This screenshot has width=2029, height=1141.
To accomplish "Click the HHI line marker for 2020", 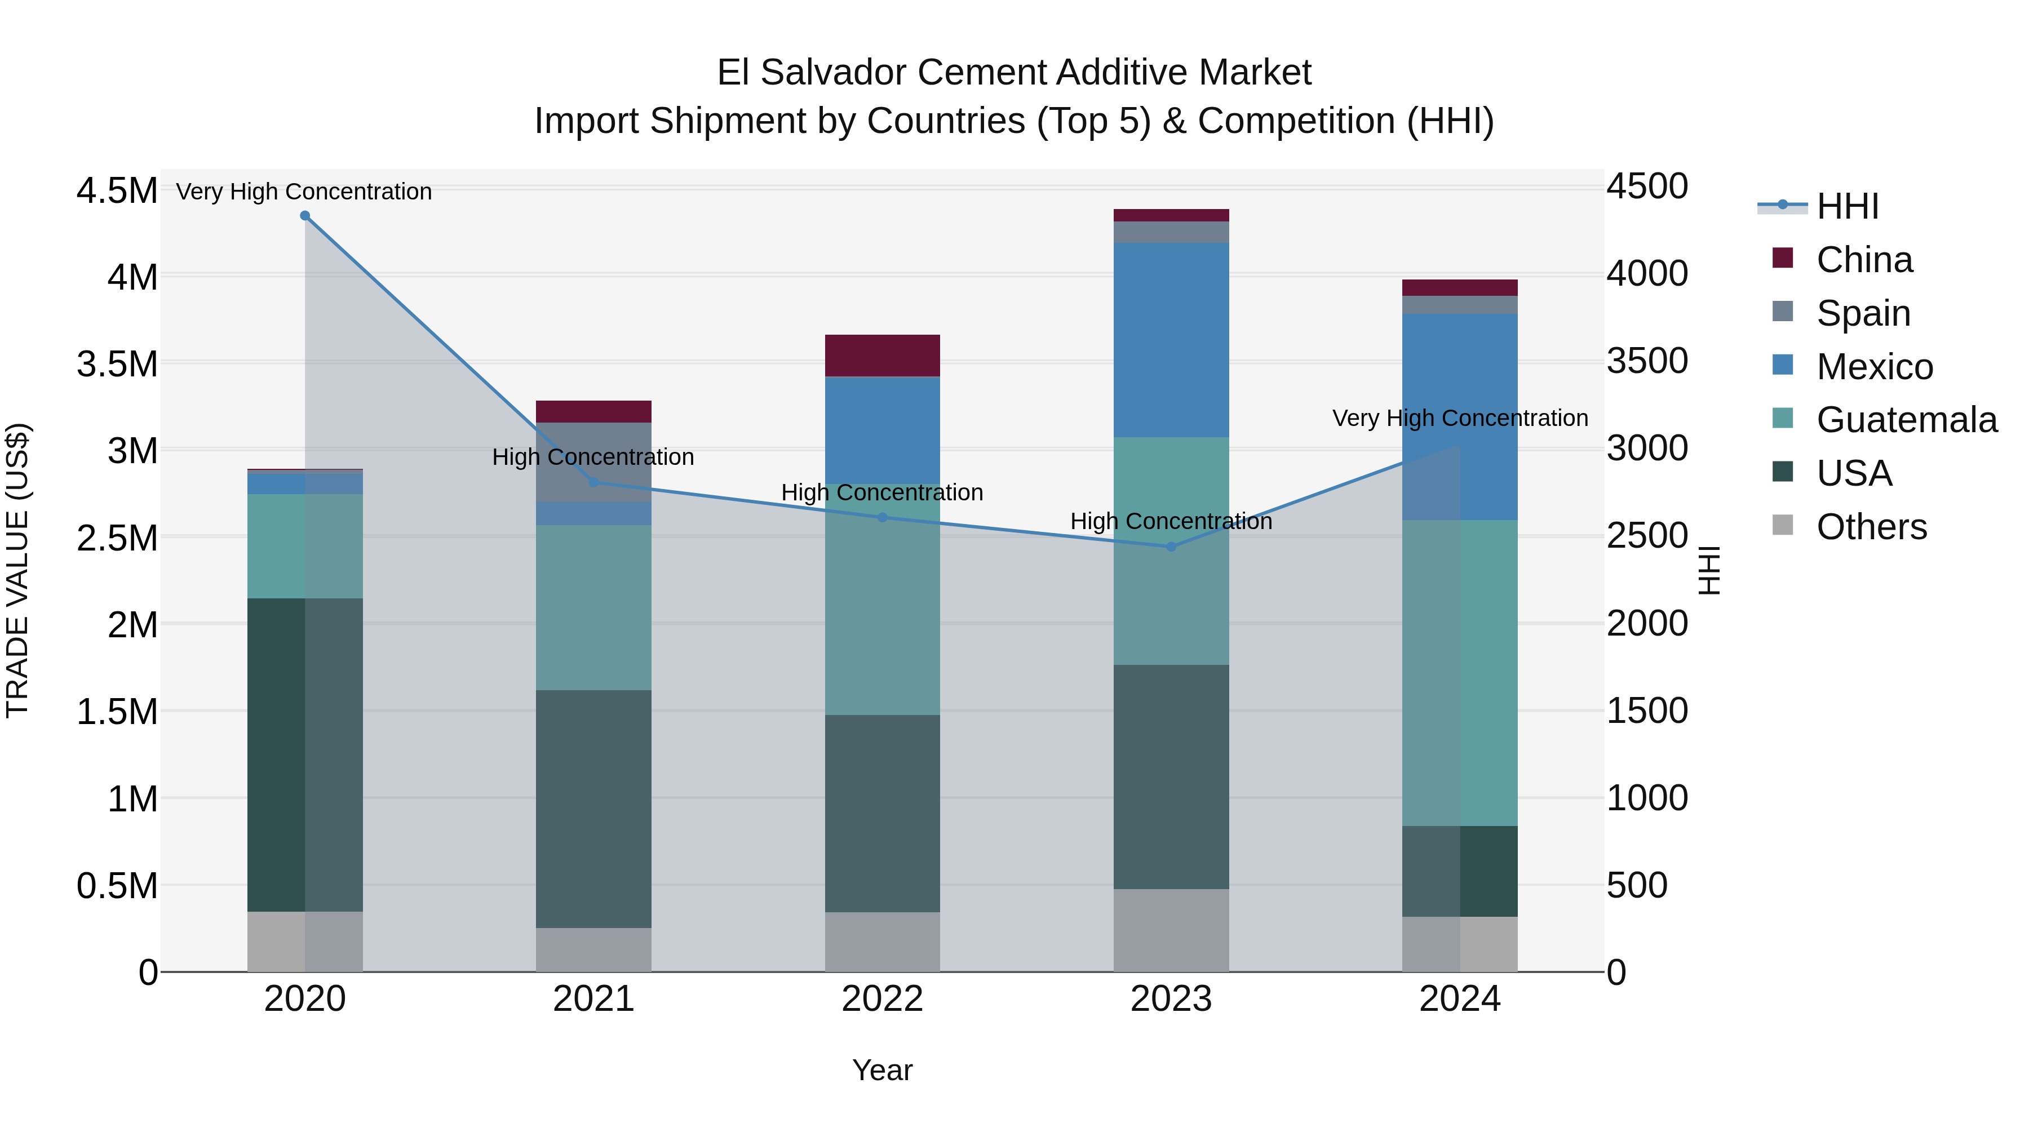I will [x=305, y=216].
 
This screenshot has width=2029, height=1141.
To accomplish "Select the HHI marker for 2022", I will [x=882, y=517].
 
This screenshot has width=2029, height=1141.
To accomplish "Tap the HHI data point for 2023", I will [x=1171, y=547].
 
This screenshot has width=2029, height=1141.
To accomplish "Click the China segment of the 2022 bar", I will [x=882, y=356].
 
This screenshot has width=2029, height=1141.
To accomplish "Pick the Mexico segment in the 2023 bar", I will [x=1171, y=340].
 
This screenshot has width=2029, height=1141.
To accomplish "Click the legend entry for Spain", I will [x=1863, y=313].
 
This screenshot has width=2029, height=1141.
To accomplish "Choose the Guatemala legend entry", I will [x=1906, y=420].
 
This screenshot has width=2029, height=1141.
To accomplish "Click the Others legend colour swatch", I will [x=1783, y=525].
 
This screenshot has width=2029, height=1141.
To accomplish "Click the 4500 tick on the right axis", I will [x=1647, y=187].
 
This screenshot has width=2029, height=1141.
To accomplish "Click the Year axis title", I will [x=882, y=1070].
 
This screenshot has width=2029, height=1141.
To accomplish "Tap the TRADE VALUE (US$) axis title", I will [x=17, y=570].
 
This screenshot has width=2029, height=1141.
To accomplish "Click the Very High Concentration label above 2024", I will [x=1460, y=418].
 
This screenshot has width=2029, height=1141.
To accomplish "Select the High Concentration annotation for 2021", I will [x=593, y=457].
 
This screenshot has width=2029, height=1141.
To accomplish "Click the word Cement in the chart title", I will [x=982, y=73].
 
